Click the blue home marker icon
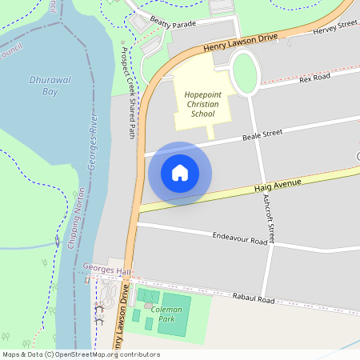tap(180, 173)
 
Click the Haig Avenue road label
tap(278, 185)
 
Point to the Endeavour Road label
tap(239, 238)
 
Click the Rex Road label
tap(314, 78)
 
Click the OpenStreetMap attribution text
tap(81, 354)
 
